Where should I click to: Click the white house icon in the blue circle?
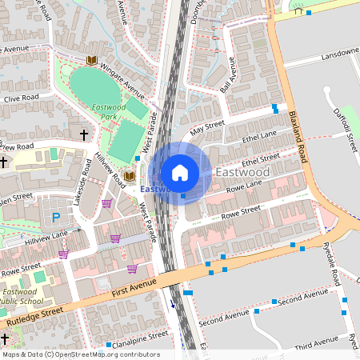click(180, 173)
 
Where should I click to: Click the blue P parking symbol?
click(56, 218)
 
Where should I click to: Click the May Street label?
click(207, 127)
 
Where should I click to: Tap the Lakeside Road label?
click(80, 186)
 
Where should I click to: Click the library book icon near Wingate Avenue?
click(92, 60)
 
